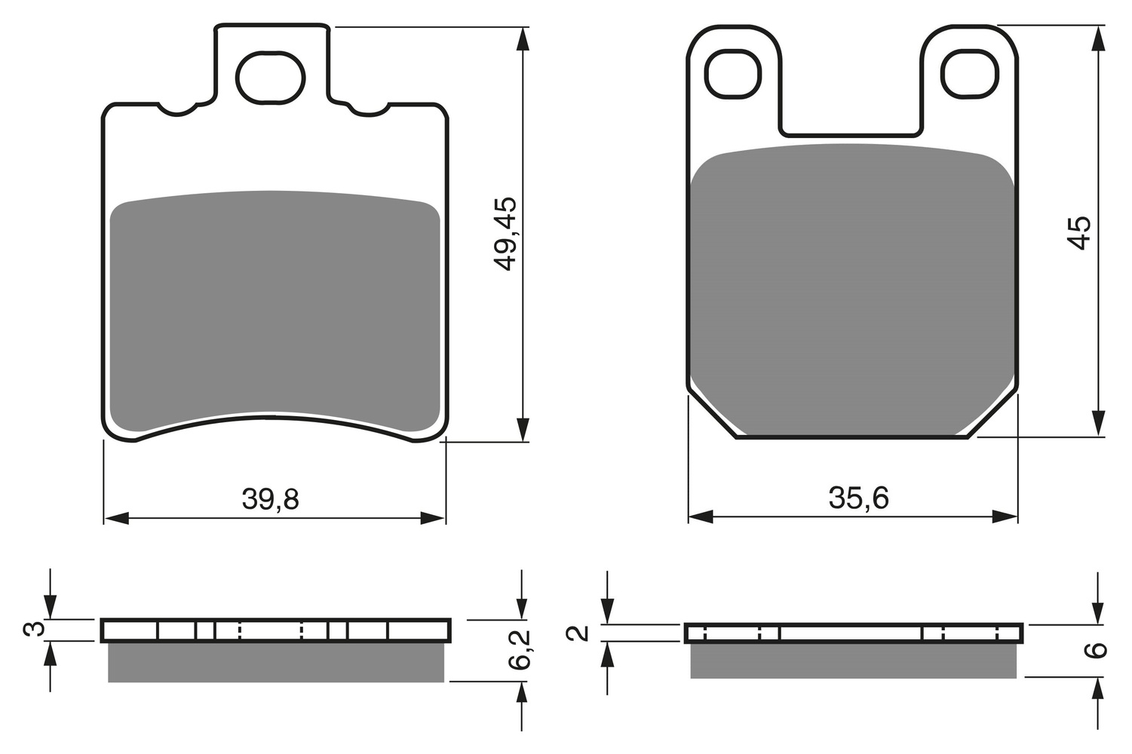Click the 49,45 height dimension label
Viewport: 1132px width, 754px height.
505,234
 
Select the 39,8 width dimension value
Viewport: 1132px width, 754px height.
270,500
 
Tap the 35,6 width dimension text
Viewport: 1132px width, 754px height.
858,498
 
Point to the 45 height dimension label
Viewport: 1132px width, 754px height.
1078,233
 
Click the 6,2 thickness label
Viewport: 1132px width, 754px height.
519,650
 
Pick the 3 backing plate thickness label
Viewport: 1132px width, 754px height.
34,629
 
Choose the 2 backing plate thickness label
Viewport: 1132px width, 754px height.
578,633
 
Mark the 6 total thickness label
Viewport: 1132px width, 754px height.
1095,650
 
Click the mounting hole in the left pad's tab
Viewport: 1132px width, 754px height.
270,78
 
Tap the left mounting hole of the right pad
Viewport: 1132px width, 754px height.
733,75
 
